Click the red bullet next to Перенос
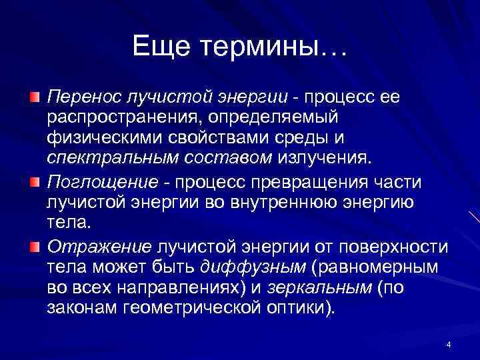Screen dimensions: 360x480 [x=35, y=98]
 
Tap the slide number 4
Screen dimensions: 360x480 [x=449, y=345]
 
